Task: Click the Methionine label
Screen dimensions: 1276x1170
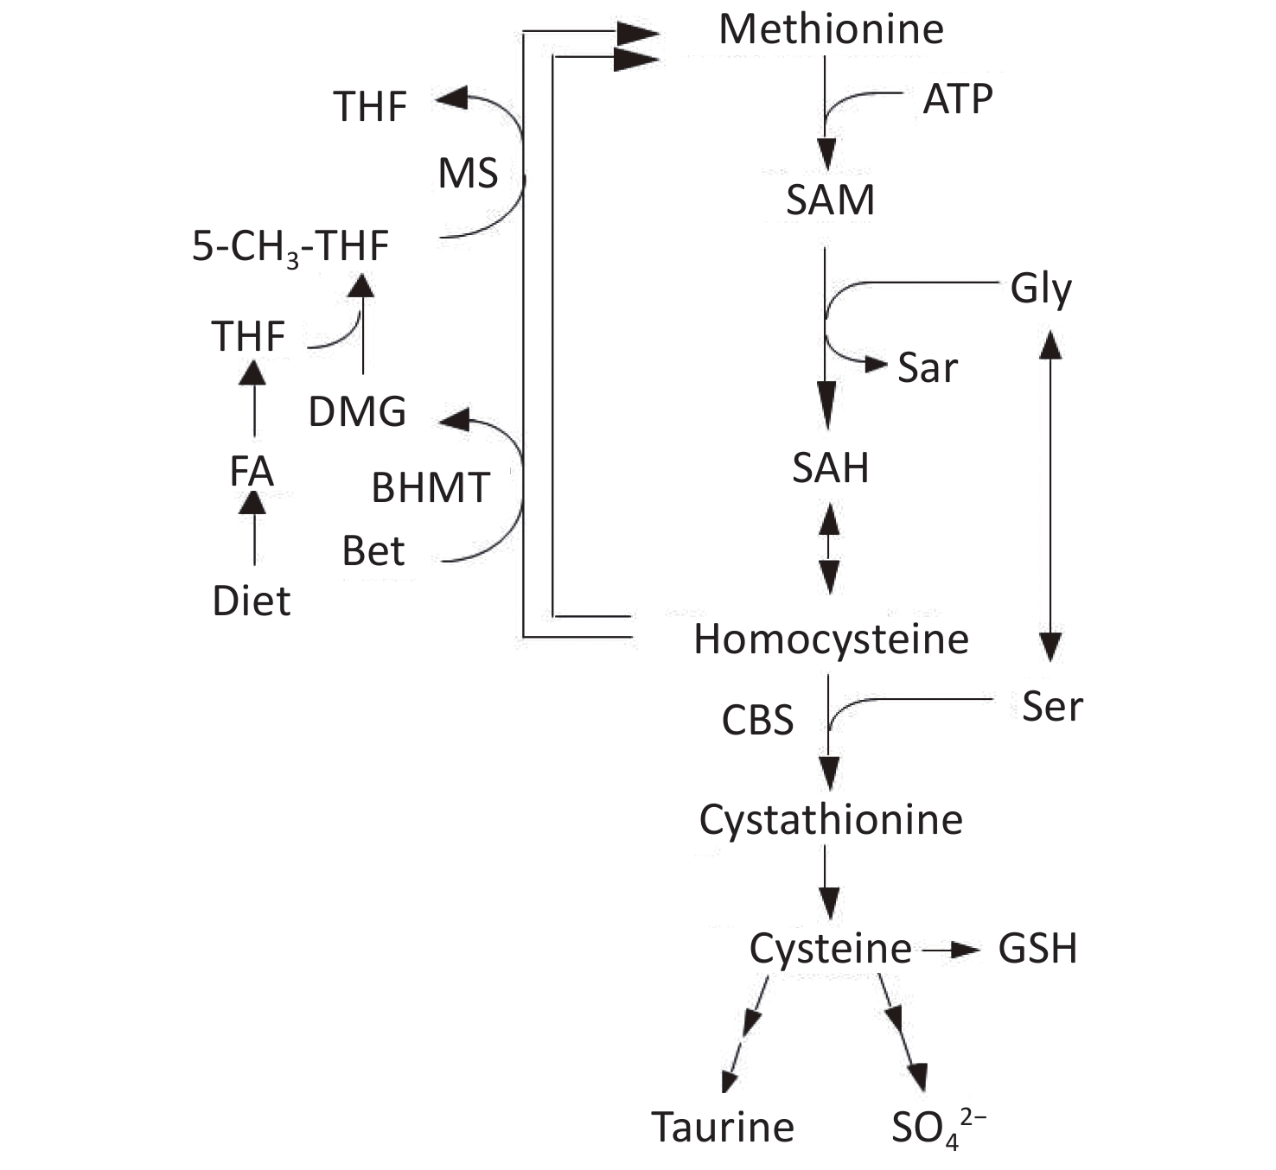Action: point(831,29)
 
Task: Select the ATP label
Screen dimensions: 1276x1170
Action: point(957,99)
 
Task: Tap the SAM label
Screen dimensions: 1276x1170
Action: point(830,200)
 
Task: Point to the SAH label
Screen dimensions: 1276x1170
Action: point(830,468)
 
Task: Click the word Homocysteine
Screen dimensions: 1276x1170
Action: point(831,639)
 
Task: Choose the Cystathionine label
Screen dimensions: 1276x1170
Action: point(831,820)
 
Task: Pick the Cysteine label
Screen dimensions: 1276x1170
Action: point(830,949)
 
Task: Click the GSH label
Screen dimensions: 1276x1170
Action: point(1037,949)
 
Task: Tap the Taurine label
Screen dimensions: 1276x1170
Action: point(724,1128)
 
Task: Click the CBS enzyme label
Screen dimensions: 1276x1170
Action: point(757,720)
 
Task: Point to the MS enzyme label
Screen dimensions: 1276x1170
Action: point(468,173)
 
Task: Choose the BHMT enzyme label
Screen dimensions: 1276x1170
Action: point(430,487)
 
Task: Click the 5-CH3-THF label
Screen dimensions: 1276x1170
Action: point(290,248)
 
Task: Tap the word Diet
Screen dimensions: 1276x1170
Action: point(252,601)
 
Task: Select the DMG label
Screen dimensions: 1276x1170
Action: point(357,411)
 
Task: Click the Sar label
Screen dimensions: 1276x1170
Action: point(928,367)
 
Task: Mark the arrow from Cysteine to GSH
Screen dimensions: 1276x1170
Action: point(951,950)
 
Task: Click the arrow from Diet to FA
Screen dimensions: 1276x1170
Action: point(254,529)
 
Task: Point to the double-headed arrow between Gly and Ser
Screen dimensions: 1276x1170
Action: point(1050,496)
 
